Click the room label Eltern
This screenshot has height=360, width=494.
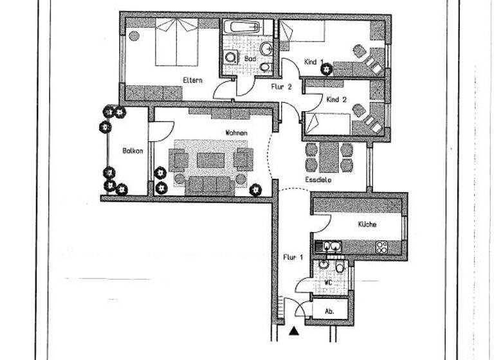[193, 80]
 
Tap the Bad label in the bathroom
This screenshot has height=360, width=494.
[250, 59]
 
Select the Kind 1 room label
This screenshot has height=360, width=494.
[313, 62]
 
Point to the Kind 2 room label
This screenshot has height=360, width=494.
[336, 100]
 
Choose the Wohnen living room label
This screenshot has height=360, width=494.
[236, 132]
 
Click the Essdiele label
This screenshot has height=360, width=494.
[318, 181]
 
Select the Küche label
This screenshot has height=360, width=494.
[367, 224]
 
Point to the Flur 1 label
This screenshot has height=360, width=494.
[293, 257]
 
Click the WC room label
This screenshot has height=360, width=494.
[328, 282]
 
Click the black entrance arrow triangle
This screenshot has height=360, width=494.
[294, 331]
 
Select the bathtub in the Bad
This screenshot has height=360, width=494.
[242, 28]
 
